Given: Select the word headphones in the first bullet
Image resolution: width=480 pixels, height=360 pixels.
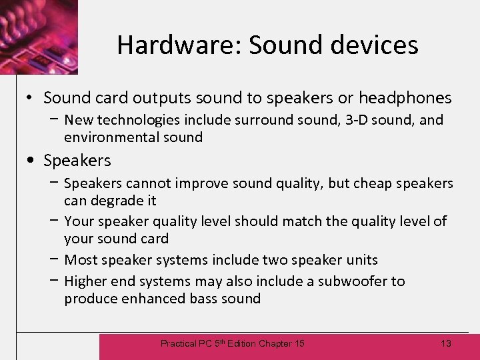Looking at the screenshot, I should point(405,98).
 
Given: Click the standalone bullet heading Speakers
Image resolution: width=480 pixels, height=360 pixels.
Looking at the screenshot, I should point(77,161).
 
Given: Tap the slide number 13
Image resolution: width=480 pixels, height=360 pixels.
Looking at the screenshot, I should point(446,343).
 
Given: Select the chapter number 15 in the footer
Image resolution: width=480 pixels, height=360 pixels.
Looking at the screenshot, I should point(299,343).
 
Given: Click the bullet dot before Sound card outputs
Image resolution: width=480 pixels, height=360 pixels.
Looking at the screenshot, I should point(31,99).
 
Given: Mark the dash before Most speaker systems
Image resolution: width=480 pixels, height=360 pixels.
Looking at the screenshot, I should point(53,259).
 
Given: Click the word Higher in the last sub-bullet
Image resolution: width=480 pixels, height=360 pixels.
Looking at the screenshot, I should point(85,281).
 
